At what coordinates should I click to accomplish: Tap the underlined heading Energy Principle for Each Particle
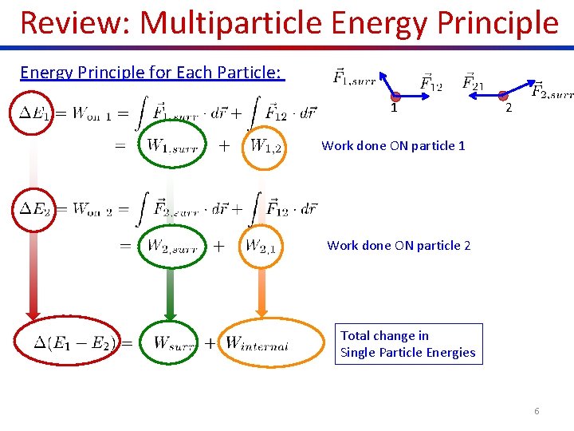(x=151, y=73)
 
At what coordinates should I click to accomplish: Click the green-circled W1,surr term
(x=172, y=146)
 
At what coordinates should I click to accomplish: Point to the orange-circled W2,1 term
(x=261, y=246)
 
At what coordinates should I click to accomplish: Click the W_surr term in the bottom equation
(x=175, y=343)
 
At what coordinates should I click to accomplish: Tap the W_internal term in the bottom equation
(x=257, y=344)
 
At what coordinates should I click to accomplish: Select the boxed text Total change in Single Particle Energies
(x=408, y=344)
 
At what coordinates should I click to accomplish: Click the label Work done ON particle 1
(x=393, y=145)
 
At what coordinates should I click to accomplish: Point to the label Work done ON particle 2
(x=399, y=245)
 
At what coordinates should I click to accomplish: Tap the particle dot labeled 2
(x=502, y=95)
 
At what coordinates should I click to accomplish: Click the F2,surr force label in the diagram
(x=552, y=90)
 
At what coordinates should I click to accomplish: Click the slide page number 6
(x=537, y=410)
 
